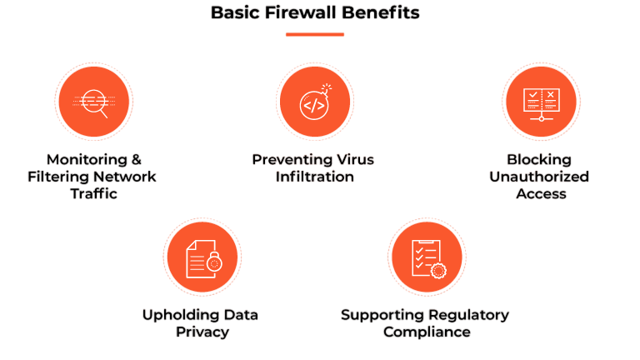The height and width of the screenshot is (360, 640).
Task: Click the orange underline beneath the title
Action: coord(315,34)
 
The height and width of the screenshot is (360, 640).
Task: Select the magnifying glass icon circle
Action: coord(93,102)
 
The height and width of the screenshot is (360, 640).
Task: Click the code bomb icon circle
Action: coord(314,102)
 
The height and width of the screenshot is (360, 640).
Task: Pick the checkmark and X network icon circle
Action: coord(542,102)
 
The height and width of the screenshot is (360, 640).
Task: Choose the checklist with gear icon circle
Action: coord(426,257)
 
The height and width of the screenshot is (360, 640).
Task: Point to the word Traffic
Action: coord(94,194)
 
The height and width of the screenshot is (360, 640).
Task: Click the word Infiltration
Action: coord(315,177)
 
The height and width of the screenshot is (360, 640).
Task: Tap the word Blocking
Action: coord(539,159)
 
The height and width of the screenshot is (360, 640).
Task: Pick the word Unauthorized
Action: coord(539,177)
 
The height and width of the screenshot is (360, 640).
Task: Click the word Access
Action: coord(541,194)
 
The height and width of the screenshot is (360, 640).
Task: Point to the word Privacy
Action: coord(202,332)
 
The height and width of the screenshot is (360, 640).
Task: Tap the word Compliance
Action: coord(427,332)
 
